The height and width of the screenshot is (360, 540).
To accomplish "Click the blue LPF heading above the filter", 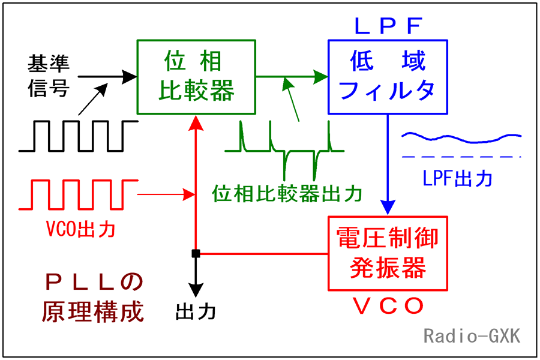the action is pyautogui.click(x=388, y=26).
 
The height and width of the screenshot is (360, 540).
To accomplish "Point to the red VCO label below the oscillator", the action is pyautogui.click(x=388, y=305).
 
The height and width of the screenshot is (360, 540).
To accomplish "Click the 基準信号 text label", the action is pyautogui.click(x=49, y=76).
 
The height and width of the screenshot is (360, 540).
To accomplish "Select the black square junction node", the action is pyautogui.click(x=196, y=254).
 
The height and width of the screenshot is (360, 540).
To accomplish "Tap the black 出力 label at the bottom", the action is pyautogui.click(x=195, y=312).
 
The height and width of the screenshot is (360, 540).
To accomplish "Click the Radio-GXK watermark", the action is pyautogui.click(x=472, y=335).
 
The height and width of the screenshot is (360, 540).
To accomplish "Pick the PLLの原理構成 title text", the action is pyautogui.click(x=93, y=298).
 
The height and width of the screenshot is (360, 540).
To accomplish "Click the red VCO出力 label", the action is pyautogui.click(x=80, y=229).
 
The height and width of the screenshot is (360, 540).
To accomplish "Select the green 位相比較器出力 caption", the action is pyautogui.click(x=287, y=193).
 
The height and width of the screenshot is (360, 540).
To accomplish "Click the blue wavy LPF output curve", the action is pyautogui.click(x=461, y=138).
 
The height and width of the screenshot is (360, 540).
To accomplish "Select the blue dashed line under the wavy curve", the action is pyautogui.click(x=461, y=157).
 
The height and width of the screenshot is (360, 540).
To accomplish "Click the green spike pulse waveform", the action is pyautogui.click(x=284, y=151).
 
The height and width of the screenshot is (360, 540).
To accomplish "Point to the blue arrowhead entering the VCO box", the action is pyautogui.click(x=388, y=208).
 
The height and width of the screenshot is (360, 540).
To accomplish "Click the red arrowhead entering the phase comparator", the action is pyautogui.click(x=196, y=123).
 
